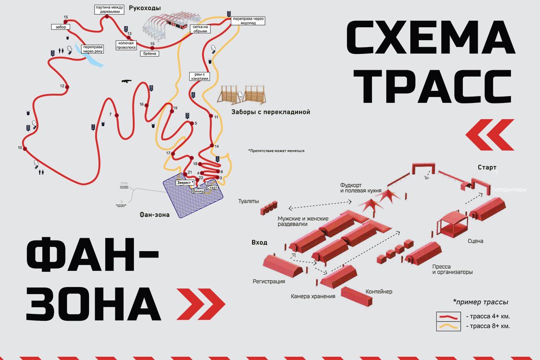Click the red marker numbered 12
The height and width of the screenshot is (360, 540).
pyautogui.click(x=68, y=87)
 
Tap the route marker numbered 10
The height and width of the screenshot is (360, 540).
pyautogui.click(x=25, y=149)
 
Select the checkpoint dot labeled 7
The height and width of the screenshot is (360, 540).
pyautogui.click(x=117, y=115)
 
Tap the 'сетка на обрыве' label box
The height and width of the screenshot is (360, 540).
pyautogui.click(x=200, y=29)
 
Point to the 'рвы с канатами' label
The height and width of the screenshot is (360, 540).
pyautogui.click(x=199, y=76)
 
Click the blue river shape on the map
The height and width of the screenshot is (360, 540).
pyautogui.click(x=92, y=59)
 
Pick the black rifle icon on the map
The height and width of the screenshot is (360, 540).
pyautogui.click(x=126, y=81)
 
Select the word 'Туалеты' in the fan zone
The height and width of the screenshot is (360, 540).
pyautogui.click(x=249, y=202)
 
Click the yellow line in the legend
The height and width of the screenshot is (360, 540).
pyautogui.click(x=448, y=326)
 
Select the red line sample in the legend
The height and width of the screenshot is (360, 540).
pyautogui.click(x=448, y=317)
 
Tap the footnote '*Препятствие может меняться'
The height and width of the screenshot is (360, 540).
pyautogui.click(x=276, y=150)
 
